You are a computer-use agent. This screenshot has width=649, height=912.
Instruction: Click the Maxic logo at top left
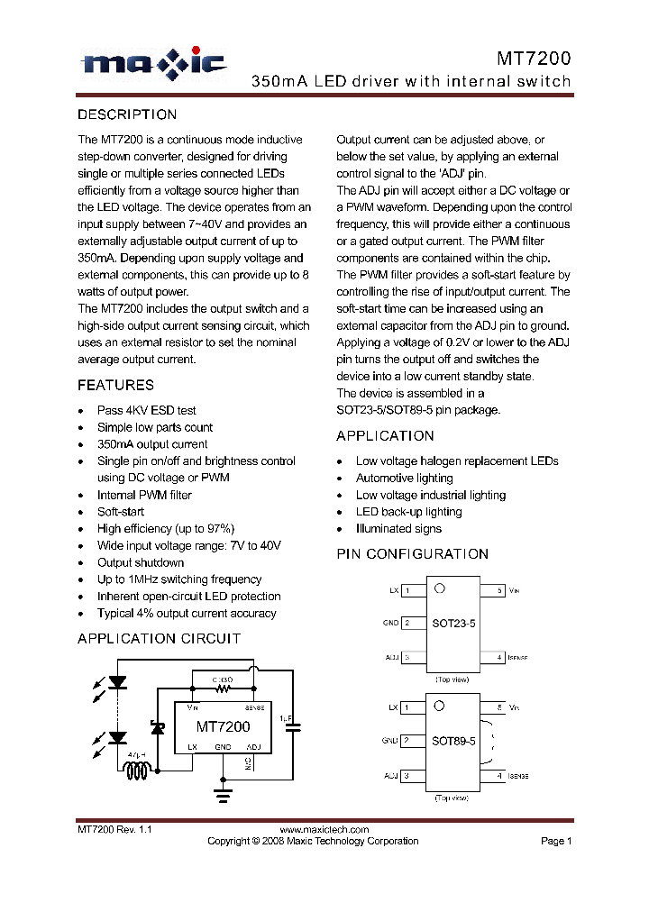coord(153,63)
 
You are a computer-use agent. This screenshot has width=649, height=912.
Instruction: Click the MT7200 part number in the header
coord(534,59)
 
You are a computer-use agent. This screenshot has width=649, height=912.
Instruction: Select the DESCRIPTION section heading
coord(127,114)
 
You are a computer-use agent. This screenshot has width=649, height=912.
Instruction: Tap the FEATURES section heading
coord(115,386)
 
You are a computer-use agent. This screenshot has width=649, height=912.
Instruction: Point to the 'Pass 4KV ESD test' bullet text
coord(146,410)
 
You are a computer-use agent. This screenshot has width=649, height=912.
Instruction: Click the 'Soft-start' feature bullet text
coord(121,512)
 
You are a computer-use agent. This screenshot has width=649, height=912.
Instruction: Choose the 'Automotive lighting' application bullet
coord(404,479)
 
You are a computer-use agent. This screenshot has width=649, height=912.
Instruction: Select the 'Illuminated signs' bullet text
coord(398,529)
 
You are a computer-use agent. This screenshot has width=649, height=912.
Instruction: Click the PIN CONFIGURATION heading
coord(413,554)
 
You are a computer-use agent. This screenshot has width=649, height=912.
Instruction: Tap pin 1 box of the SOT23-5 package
coord(413,591)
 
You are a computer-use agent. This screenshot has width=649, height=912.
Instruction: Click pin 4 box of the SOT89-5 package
coord(493,775)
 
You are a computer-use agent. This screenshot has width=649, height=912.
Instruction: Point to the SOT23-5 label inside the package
coord(453,624)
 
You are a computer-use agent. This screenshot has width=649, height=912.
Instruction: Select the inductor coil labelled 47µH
coord(138,771)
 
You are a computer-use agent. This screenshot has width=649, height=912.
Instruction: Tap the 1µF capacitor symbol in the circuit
coord(293,725)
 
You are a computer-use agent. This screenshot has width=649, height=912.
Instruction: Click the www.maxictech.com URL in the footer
coord(324,830)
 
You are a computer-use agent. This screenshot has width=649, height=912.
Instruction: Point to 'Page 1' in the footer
coord(556,841)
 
